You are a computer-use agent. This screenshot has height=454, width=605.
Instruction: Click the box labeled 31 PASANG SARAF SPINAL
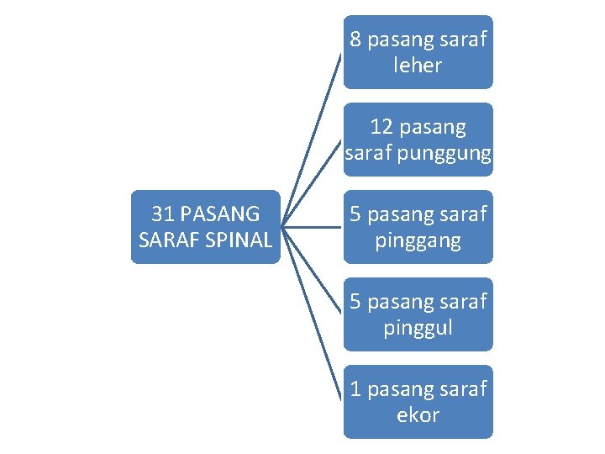click(206, 227)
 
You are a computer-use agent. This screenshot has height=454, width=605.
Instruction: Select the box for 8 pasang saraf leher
click(418, 52)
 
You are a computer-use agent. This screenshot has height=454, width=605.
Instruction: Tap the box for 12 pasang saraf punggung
click(418, 140)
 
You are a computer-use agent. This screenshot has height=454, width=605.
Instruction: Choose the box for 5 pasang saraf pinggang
click(418, 227)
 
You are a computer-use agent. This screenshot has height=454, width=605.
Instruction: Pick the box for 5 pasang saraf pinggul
click(418, 314)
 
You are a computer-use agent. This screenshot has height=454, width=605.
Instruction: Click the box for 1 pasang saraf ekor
click(418, 402)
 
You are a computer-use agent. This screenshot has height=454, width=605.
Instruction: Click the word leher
click(418, 66)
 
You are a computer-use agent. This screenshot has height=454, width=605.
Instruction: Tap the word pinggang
click(418, 241)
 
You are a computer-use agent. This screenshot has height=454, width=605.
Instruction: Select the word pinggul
click(418, 328)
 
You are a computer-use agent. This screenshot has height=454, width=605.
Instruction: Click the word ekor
click(418, 415)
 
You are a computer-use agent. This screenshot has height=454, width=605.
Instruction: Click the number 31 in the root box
click(162, 214)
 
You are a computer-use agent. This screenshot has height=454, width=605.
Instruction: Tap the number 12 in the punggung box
click(381, 126)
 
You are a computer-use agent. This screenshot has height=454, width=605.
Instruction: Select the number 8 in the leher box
click(355, 40)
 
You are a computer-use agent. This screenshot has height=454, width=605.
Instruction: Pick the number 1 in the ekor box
click(355, 389)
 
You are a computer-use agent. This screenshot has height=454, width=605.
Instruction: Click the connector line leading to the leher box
click(313, 138)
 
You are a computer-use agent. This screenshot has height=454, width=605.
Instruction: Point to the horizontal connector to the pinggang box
click(313, 226)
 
